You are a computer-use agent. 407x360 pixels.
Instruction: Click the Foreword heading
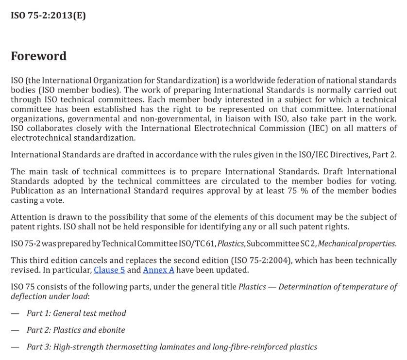pos(38,56)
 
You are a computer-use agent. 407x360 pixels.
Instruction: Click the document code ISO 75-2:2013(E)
pos(48,15)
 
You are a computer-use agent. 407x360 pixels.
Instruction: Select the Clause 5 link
pos(109,270)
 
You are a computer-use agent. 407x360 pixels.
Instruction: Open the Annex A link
pos(158,270)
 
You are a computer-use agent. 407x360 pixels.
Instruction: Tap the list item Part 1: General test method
pos(76,313)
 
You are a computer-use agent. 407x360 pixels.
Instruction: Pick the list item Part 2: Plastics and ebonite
pos(76,330)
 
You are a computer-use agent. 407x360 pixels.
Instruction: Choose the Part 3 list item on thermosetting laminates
pos(172,346)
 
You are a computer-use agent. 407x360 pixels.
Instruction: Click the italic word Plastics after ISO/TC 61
pos(230,244)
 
